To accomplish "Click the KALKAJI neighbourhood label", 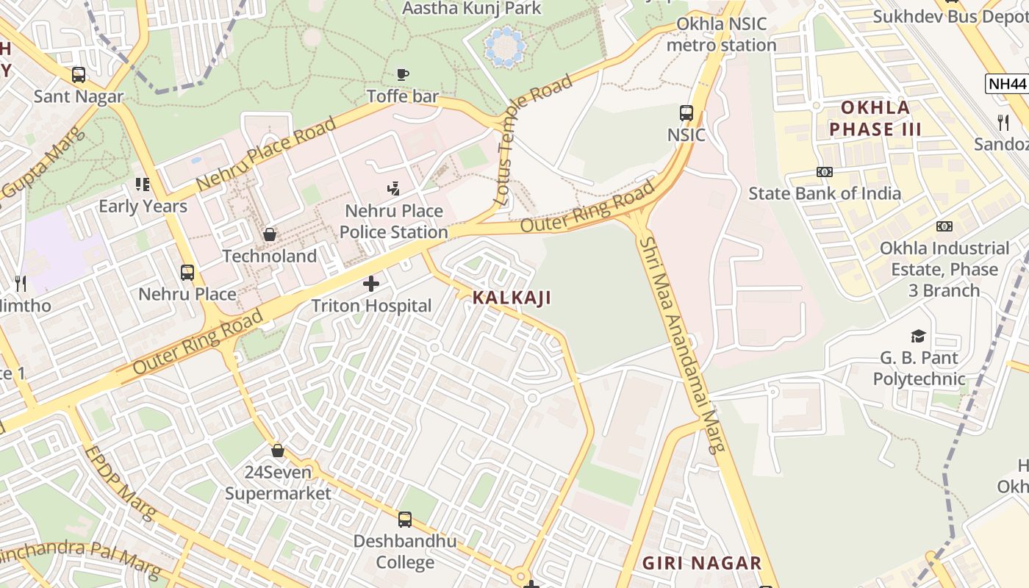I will (x=512, y=298).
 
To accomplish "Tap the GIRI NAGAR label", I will (x=701, y=563).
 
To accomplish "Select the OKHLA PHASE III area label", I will (x=875, y=119).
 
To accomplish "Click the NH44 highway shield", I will (x=1006, y=83).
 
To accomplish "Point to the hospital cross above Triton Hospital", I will (x=371, y=283).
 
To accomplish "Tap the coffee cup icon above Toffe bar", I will (x=402, y=73).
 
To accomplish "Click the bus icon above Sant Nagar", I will (x=79, y=74).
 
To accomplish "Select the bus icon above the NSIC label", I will (x=686, y=113).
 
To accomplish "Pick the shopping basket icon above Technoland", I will (x=270, y=234).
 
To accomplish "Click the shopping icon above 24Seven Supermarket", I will (x=278, y=450).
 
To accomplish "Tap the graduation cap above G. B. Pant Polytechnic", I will (x=918, y=337).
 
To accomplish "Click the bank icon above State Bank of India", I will (x=824, y=172).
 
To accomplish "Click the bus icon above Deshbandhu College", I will (x=404, y=520).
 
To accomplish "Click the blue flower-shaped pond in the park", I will (x=505, y=47).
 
